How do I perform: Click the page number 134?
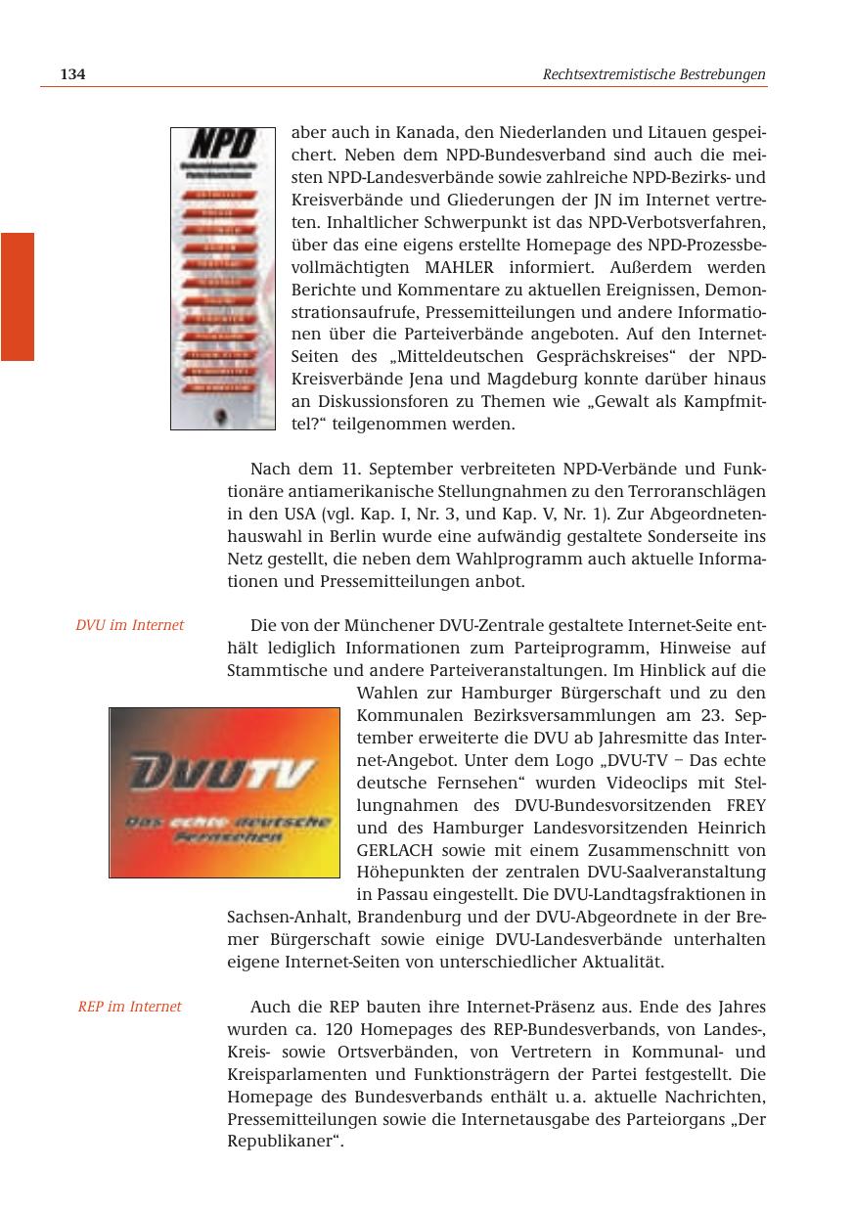pos(73,74)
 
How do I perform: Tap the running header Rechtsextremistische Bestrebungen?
pos(653,74)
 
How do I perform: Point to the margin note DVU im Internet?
pos(130,625)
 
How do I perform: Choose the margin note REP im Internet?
pos(130,1007)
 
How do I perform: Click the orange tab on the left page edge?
pos(17,296)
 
